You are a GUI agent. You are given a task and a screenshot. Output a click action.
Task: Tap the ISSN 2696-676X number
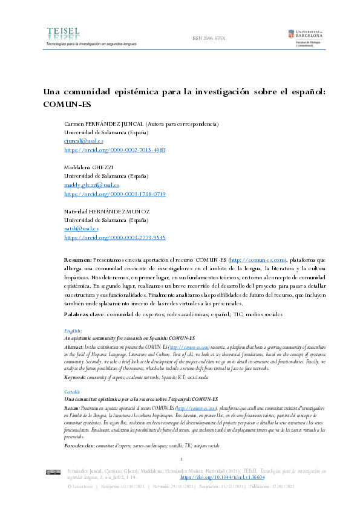pos(208,38)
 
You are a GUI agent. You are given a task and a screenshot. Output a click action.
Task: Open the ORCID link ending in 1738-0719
pos(114,194)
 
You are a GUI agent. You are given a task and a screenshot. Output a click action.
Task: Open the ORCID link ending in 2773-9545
pos(114,238)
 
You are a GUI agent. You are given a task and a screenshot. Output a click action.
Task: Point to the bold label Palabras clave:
pos(85,314)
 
